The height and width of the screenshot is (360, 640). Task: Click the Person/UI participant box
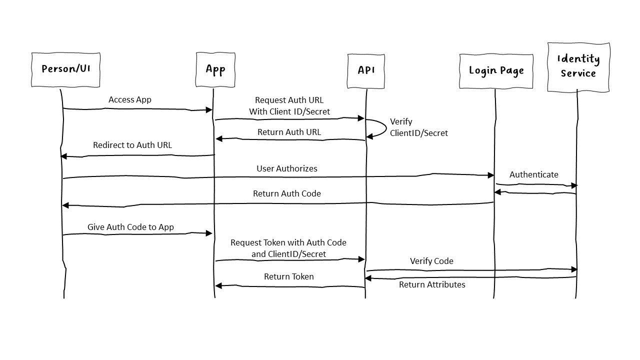click(65, 69)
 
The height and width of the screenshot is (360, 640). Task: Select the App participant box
click(215, 69)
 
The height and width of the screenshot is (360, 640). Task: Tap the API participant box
click(366, 70)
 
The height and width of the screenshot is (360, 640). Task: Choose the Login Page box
click(496, 70)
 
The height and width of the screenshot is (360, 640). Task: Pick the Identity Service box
click(578, 66)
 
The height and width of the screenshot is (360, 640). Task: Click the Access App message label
click(130, 99)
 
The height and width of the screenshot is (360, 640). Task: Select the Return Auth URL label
click(289, 132)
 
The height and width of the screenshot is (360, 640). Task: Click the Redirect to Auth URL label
click(132, 145)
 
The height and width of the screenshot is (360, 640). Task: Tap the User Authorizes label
click(287, 168)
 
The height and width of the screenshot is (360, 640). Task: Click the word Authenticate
click(533, 174)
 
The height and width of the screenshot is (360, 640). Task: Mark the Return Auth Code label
click(287, 193)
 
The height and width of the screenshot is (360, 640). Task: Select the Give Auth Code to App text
click(130, 227)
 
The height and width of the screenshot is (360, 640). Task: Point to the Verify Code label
click(431, 261)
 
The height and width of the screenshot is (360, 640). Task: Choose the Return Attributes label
click(432, 284)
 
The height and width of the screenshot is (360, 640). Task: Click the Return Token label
click(289, 276)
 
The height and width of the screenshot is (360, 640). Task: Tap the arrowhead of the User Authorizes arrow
click(491, 175)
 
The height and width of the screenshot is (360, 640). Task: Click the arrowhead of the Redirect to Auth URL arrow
click(63, 156)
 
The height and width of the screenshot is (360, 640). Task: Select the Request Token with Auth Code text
click(288, 242)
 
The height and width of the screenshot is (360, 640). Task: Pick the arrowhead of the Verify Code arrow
click(574, 269)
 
